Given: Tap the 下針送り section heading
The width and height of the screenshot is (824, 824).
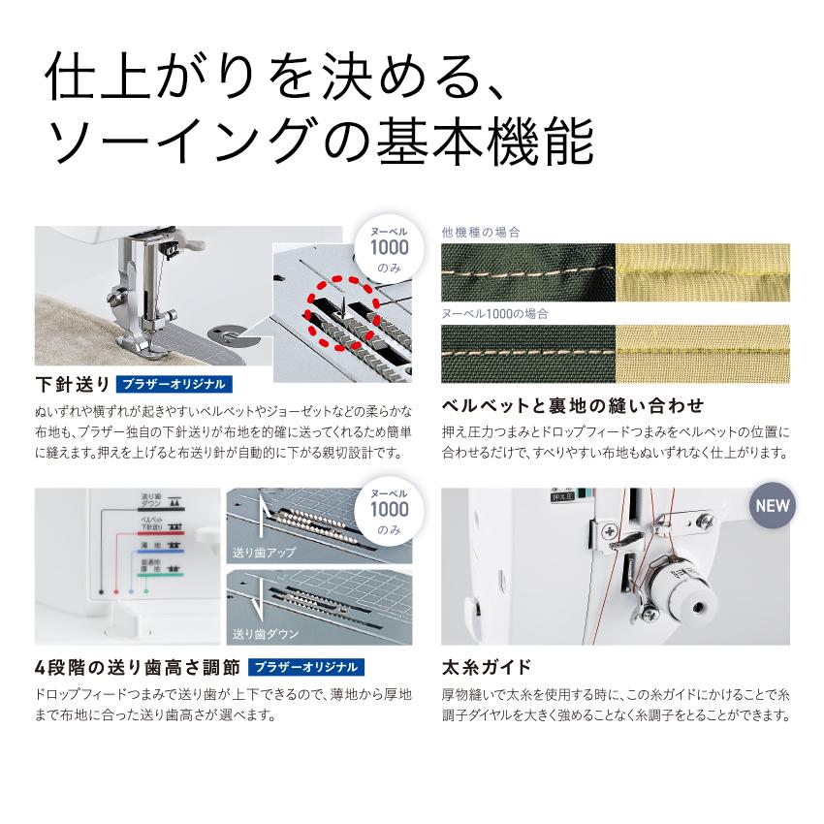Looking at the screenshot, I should [x=72, y=382].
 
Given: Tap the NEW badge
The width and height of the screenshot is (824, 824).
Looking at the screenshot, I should [x=773, y=505].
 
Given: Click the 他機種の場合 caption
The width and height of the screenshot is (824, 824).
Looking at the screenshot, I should [x=480, y=233].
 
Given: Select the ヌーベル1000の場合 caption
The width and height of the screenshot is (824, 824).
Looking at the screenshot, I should [x=494, y=314].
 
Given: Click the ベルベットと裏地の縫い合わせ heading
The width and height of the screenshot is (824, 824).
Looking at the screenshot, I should [x=572, y=404].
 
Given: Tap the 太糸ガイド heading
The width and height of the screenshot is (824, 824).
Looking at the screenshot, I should [x=486, y=668].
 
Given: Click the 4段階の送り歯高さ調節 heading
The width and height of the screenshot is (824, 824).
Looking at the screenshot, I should [x=136, y=668].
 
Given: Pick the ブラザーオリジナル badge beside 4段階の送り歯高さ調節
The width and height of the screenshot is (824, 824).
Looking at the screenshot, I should [x=306, y=668].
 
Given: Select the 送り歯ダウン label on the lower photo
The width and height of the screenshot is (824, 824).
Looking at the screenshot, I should [x=264, y=634].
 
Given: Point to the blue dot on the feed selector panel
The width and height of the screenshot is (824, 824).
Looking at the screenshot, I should [x=131, y=589].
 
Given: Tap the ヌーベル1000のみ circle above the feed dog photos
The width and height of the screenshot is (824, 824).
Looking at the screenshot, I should [x=388, y=510].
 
